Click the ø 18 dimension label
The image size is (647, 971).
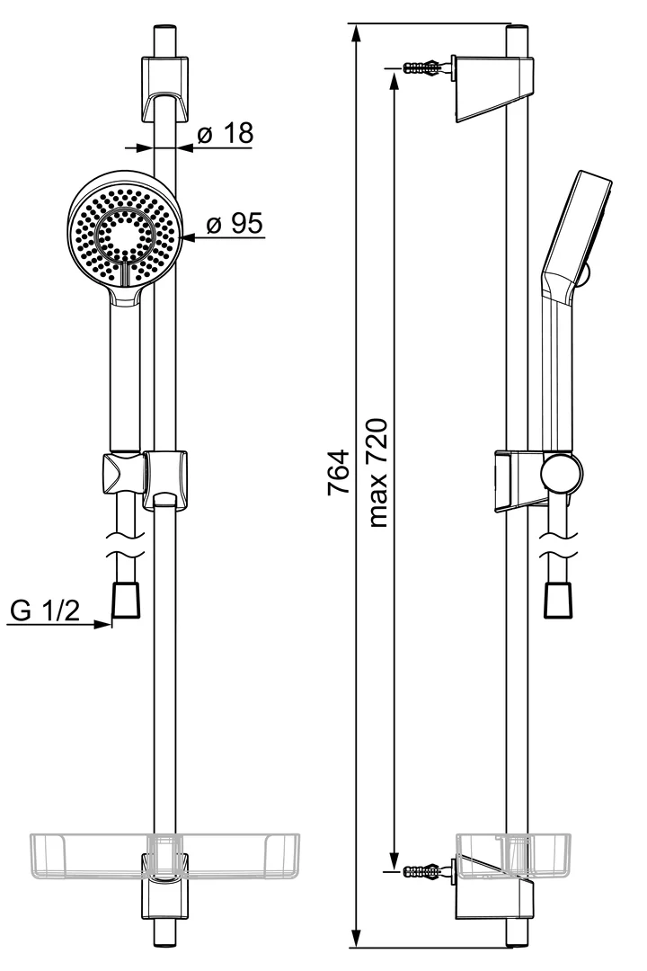225,134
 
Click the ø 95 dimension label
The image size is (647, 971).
235,224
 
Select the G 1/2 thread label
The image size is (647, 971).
45,612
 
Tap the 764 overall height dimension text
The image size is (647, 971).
339,475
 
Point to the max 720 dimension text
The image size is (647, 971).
377,472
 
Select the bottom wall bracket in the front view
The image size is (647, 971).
164,886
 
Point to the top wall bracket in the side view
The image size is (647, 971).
494,87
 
